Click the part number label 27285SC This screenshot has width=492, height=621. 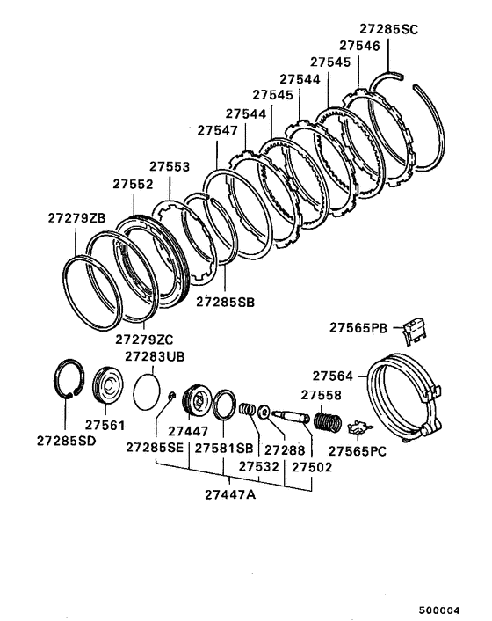point(389,28)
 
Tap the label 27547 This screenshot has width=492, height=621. point(217,130)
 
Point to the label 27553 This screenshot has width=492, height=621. point(169,166)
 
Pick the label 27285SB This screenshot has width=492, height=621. point(225,302)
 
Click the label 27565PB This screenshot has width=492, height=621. point(360,327)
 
